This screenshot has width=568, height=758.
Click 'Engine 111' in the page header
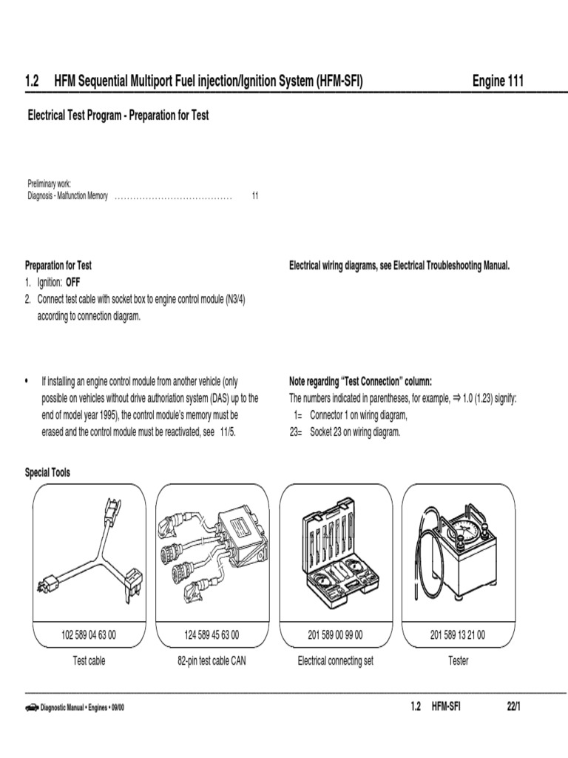click(498, 81)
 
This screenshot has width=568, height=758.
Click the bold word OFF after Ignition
click(74, 282)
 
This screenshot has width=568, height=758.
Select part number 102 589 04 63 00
click(89, 635)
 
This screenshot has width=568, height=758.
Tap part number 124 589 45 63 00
click(212, 635)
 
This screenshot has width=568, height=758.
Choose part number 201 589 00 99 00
click(335, 635)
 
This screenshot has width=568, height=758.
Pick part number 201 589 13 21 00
click(458, 635)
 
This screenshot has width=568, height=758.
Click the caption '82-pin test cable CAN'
click(212, 660)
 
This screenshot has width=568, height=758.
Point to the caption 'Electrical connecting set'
click(335, 660)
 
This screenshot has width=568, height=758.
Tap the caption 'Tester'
click(459, 660)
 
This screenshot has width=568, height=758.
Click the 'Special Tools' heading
click(48, 472)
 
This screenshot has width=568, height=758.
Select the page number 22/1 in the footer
click(514, 708)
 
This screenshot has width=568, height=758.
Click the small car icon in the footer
click(32, 708)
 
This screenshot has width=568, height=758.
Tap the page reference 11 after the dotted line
click(255, 196)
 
